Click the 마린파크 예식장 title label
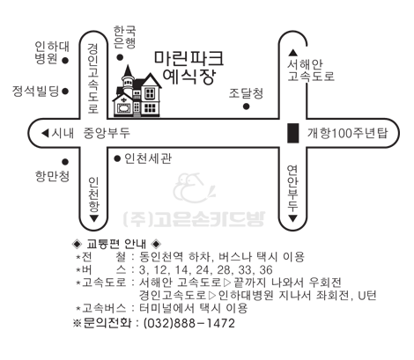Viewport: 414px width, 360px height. [x=189, y=68]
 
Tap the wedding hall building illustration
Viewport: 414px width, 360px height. [x=137, y=92]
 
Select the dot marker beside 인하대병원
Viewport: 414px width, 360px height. [x=65, y=61]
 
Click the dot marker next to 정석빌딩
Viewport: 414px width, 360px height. [x=65, y=92]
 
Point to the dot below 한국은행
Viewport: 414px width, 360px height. [x=120, y=57]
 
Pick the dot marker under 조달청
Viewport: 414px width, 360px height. [x=247, y=107]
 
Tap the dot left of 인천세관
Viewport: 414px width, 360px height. [x=117, y=158]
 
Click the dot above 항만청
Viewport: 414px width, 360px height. [x=65, y=162]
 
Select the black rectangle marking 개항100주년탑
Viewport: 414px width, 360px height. [x=292, y=133]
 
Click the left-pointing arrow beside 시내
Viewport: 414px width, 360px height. [x=45, y=133]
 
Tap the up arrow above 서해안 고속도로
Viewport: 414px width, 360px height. [x=292, y=53]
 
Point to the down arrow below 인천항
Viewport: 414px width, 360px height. [x=94, y=218]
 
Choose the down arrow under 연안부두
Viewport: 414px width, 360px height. [x=292, y=218]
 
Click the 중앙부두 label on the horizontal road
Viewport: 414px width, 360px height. [x=107, y=133]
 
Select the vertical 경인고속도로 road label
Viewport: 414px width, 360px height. [x=93, y=78]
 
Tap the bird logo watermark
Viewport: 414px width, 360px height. [x=194, y=188]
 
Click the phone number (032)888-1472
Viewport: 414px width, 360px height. [x=189, y=323]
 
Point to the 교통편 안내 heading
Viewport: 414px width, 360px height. [x=116, y=244]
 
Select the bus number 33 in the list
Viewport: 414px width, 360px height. [x=245, y=269]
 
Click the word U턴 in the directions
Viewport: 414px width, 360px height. [x=367, y=295]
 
